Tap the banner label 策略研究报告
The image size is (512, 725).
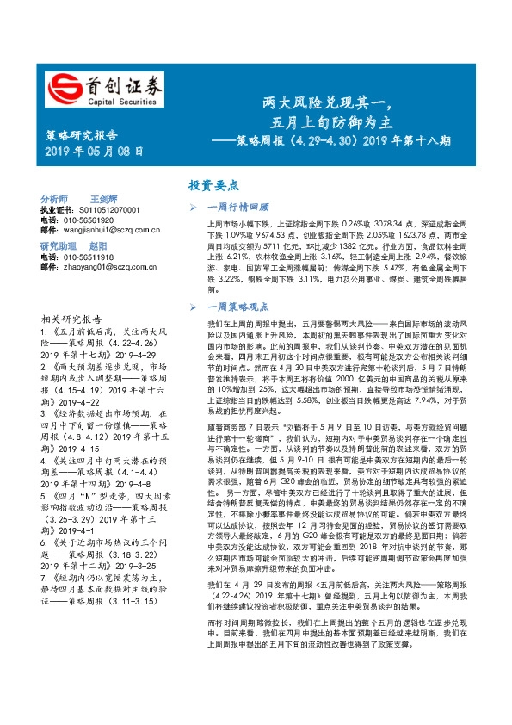click(x=81, y=135)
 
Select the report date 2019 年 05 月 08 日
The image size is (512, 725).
click(x=94, y=152)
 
